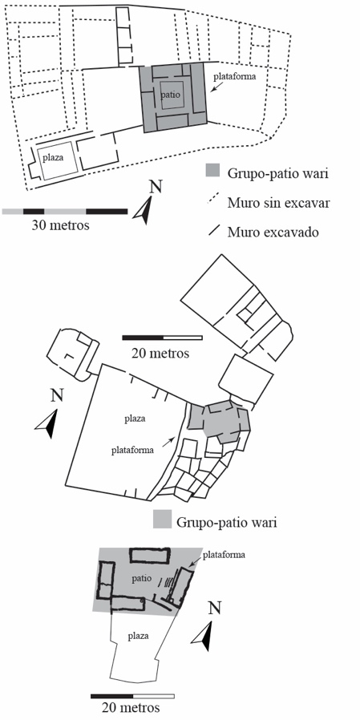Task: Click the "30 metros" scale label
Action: click(60, 225)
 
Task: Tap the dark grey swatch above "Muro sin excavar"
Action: click(214, 171)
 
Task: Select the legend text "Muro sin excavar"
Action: click(278, 203)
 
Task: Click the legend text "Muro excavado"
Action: click(273, 233)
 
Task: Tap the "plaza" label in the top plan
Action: click(53, 157)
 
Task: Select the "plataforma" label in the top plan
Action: click(238, 77)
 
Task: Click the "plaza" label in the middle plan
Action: click(135, 419)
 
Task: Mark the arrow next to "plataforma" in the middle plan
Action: click(169, 440)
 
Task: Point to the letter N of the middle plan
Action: click(56, 395)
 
